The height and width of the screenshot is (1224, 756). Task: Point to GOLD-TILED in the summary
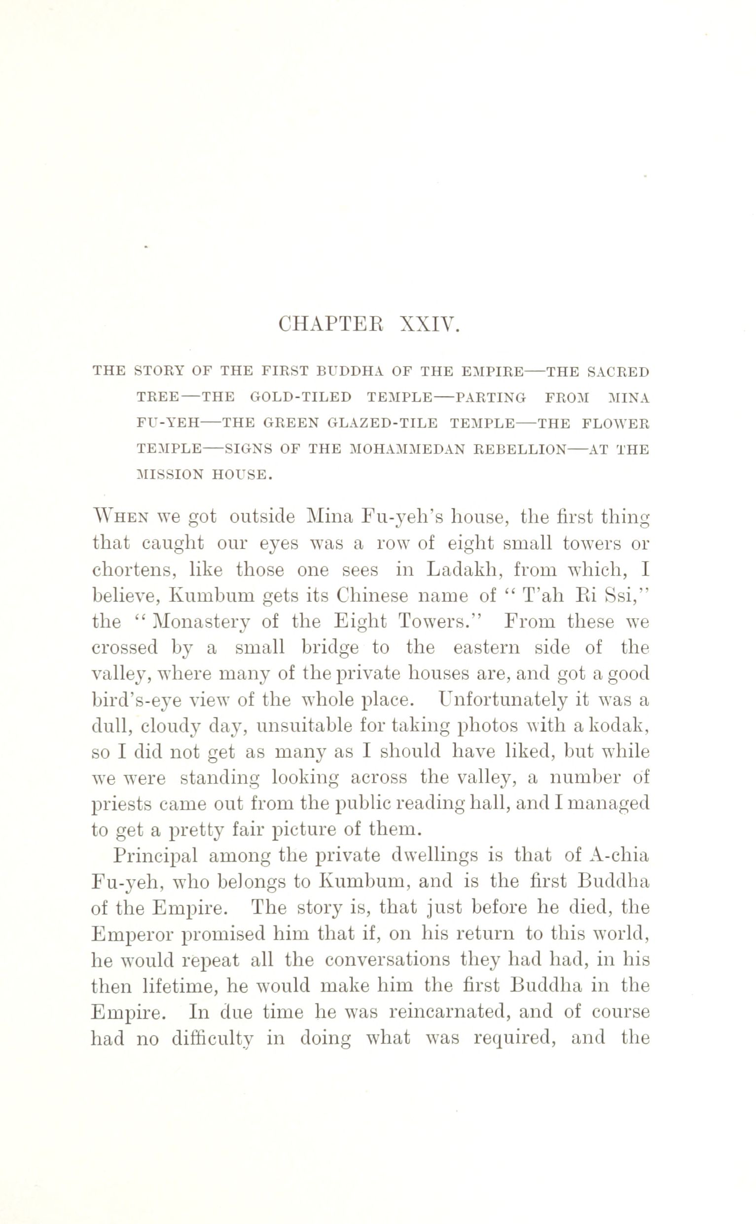(x=300, y=398)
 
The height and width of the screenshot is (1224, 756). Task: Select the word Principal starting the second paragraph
(x=154, y=856)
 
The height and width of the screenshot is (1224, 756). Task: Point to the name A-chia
(x=619, y=856)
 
